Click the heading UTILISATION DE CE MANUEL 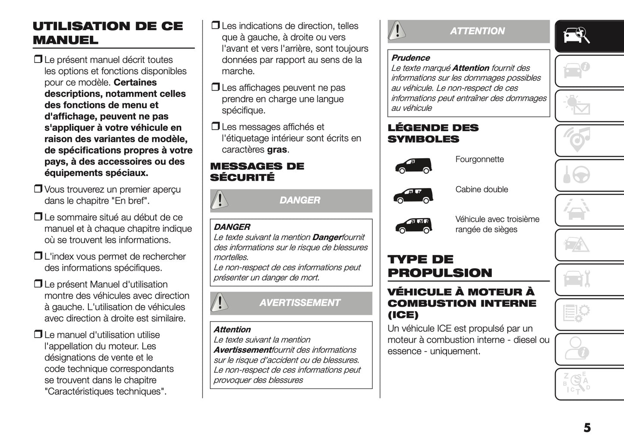(108, 33)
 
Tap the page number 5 (587, 427)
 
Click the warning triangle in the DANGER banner (220, 201)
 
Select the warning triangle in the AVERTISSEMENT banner (220, 303)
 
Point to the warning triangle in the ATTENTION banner (397, 31)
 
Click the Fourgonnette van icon (413, 165)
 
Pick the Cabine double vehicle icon (413, 195)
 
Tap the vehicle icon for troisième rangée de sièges (413, 225)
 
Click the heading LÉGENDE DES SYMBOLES (433, 133)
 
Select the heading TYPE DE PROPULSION (440, 266)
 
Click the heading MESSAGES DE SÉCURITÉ (257, 172)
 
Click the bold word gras (277, 150)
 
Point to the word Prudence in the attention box (410, 58)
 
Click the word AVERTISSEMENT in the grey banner (300, 303)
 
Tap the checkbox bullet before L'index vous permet (38, 256)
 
